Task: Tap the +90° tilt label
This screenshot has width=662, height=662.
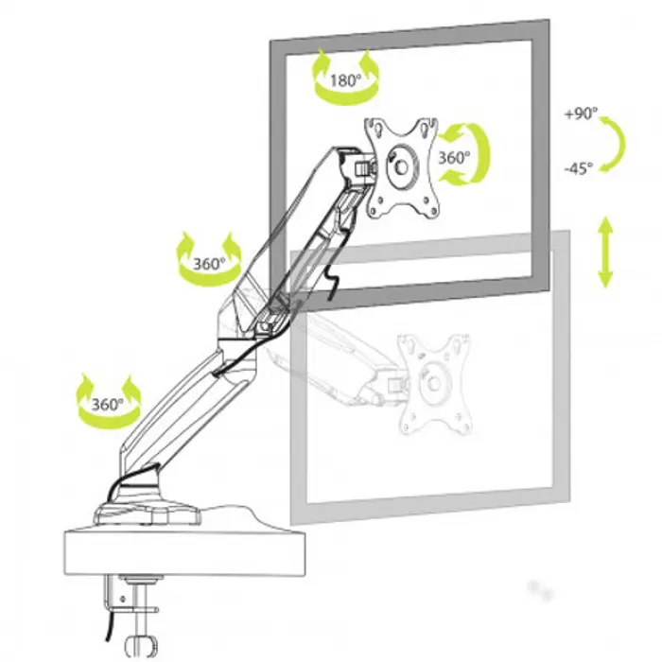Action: [581, 113]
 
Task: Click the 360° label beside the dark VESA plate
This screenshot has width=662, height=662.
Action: [454, 158]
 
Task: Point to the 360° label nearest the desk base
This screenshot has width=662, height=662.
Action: [108, 404]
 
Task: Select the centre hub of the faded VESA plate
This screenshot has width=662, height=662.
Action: [434, 382]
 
